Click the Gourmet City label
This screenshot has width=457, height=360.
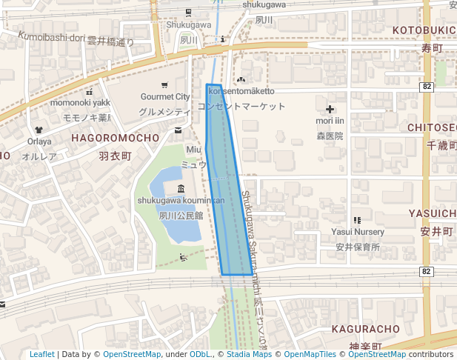pos(165,97)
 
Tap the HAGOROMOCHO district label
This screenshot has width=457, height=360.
pos(115,138)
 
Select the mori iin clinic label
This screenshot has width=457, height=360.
pos(330,121)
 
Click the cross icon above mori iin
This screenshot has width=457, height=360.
pos(330,110)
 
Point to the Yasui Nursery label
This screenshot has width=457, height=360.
pos(358,232)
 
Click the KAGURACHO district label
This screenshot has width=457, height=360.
pos(367,328)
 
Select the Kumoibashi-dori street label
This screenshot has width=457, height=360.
pos(52,36)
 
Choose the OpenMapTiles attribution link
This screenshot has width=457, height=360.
pos(312,355)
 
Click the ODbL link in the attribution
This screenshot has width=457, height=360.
pos(199,355)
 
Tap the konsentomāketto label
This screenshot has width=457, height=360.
pos(241,91)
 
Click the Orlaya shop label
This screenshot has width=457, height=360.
pos(40,141)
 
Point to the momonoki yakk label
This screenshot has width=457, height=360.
pos(80,102)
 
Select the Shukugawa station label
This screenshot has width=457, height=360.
pos(189,24)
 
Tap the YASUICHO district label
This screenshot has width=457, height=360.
pos(433,213)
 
